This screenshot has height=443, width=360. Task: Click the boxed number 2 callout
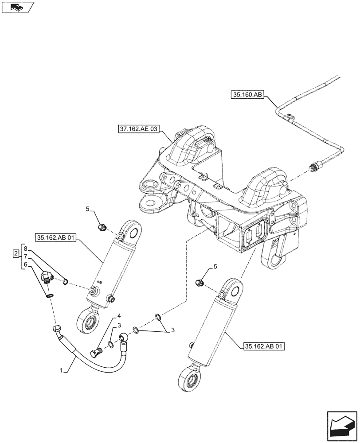point(16,254)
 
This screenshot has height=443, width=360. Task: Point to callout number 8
point(26,248)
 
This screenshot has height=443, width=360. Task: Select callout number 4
point(119,316)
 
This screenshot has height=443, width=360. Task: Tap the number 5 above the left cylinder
point(88,208)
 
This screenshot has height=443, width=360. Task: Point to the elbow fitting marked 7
point(46,278)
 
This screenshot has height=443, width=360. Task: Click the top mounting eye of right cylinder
point(233,288)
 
